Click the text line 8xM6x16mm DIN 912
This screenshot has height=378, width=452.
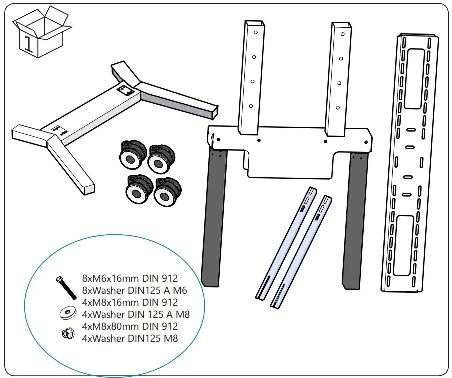pos(130,278)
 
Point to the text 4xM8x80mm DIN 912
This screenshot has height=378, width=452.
pos(130,326)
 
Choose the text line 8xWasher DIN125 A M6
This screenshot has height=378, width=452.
pos(134,290)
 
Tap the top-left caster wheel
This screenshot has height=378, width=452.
pos(132,153)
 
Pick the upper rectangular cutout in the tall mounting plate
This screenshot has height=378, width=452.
pos(415,78)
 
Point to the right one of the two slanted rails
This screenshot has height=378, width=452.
pos(302,252)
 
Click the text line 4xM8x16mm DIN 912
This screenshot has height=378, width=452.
pos(130,302)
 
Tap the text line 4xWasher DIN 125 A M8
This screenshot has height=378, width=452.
pos(136,314)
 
